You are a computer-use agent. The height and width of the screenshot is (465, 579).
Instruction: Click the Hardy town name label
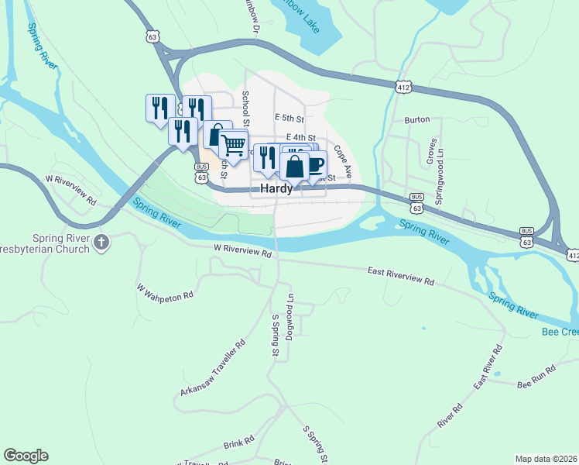tap(276, 188)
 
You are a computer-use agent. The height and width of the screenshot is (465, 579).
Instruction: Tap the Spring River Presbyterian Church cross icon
tap(101, 243)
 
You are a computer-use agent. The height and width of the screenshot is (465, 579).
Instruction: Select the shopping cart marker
tap(233, 144)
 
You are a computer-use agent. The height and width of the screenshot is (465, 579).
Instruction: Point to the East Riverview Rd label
tap(401, 276)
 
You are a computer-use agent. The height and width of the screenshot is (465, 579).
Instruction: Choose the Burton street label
tap(417, 121)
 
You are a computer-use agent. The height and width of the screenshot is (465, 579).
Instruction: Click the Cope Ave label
tap(344, 159)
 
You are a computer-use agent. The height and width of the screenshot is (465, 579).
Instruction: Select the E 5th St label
tap(290, 118)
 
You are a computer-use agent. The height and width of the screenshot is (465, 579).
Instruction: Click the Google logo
tap(26, 456)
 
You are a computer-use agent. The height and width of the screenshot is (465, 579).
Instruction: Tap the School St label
tap(245, 108)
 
